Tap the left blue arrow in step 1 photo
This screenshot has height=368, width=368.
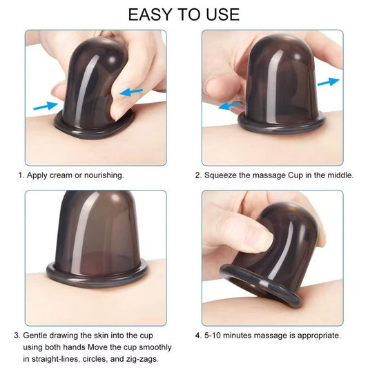pyautogui.click(x=44, y=105)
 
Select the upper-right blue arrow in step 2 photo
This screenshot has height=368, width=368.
pyautogui.click(x=330, y=81)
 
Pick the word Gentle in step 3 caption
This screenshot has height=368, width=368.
pyautogui.click(x=36, y=336)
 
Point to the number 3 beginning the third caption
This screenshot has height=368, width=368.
pyautogui.click(x=16, y=336)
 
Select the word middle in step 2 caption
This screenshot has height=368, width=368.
pyautogui.click(x=338, y=175)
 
